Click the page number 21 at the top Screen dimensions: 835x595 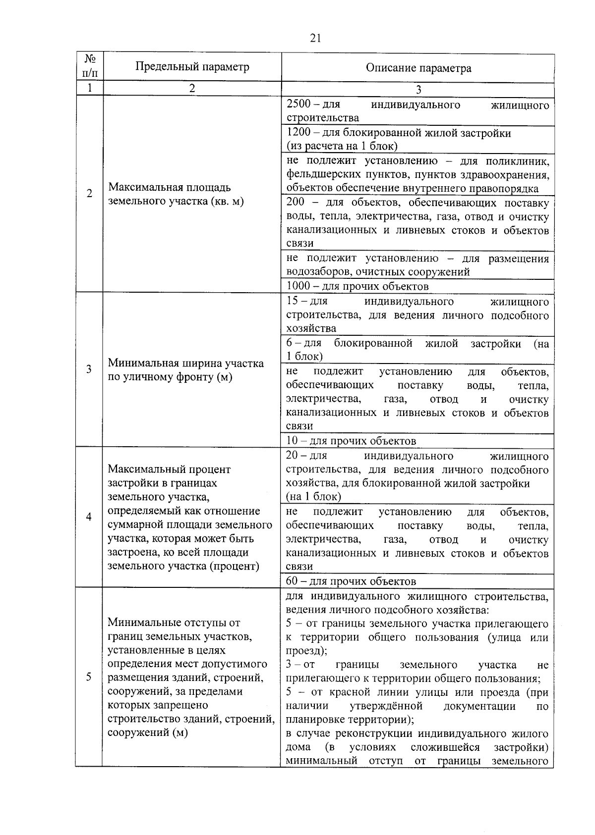coord(315,38)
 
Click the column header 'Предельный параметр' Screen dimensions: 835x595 coord(192,66)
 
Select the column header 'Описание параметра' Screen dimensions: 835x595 coord(418,68)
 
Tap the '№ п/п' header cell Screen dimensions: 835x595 coord(89,66)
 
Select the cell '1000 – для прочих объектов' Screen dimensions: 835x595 coord(357,286)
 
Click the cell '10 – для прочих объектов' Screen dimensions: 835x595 coord(351,441)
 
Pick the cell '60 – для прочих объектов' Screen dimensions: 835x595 coord(351,581)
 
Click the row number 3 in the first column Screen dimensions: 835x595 coord(89,369)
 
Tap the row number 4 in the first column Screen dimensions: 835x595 coord(89,517)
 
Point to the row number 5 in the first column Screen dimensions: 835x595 coord(89,677)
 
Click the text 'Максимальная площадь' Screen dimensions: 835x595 coord(170,188)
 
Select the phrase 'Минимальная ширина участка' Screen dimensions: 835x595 coord(185,363)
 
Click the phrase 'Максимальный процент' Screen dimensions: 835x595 coord(169,469)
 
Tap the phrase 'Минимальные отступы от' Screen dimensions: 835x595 coord(174,623)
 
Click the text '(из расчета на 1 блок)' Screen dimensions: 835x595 coord(342,146)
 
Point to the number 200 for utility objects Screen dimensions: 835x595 coord(296,203)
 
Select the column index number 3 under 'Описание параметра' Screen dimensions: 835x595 coord(418,90)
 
